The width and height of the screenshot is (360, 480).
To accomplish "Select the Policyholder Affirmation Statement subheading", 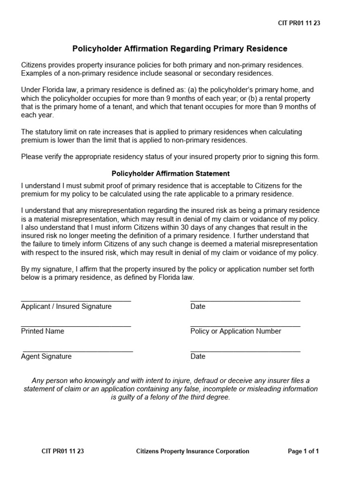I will pos(170,173).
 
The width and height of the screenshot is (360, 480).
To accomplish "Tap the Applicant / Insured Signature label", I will pos(66,307).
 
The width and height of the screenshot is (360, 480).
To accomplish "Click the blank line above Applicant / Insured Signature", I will pos(76,300).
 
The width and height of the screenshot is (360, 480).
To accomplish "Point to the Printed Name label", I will pos(43,331).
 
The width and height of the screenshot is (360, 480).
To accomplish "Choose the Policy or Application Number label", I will pos(236,331).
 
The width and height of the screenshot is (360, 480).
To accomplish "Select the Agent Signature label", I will pos(46,356).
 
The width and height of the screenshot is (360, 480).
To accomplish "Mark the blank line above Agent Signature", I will pos(78,351).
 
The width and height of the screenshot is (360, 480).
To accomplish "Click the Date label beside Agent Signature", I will pos(198,356).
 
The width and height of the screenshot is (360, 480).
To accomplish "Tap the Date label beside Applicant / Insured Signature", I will pos(198,307).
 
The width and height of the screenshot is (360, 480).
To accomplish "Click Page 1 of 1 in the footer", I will pos(303,451).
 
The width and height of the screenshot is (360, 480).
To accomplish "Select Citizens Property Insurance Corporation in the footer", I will pos(193,451).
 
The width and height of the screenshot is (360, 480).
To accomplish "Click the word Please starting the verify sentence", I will pos(32,157).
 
